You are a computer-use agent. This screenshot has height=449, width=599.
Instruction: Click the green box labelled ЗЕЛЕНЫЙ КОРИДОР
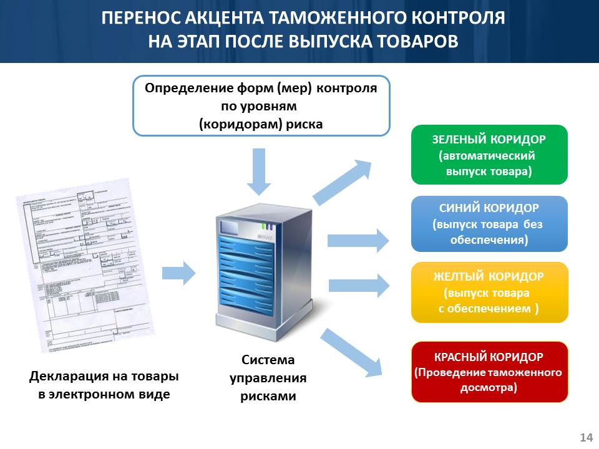489,155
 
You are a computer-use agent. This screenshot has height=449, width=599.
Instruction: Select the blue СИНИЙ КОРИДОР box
489,224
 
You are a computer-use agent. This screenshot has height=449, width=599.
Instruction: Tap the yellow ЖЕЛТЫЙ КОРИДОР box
489,292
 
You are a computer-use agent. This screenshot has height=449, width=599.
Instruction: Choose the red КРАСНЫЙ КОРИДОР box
489,372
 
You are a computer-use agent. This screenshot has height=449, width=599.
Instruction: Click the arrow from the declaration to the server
178,273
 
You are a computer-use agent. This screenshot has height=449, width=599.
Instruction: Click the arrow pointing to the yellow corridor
358,285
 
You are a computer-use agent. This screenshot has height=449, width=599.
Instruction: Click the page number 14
586,437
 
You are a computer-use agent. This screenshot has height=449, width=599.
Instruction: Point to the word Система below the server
268,360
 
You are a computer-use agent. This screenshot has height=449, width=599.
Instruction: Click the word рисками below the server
268,396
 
